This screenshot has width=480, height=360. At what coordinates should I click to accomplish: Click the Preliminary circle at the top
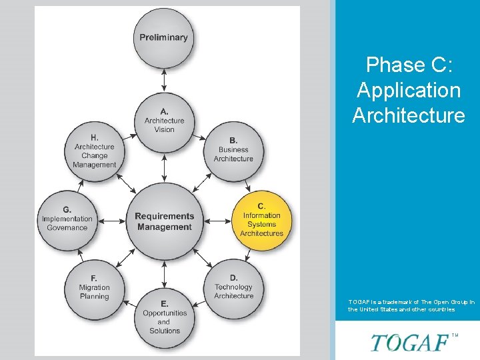[164, 37]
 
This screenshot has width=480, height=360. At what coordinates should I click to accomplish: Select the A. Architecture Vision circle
[164, 120]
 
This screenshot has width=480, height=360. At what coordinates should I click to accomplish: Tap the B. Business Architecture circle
[233, 149]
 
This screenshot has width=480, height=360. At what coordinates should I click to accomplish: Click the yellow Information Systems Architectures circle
[261, 219]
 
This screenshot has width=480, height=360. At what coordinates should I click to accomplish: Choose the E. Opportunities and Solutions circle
[164, 317]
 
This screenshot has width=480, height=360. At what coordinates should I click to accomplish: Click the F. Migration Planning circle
[94, 287]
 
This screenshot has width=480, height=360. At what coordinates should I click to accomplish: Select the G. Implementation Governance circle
[67, 219]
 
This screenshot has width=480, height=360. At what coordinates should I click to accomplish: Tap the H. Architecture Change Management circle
[94, 151]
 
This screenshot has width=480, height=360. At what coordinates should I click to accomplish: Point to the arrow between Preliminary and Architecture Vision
[164, 79]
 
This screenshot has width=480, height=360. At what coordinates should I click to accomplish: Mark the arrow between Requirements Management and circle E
[164, 273]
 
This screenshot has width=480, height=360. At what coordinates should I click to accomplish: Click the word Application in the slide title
[408, 90]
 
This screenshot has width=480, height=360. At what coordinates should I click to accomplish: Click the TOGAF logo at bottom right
[409, 343]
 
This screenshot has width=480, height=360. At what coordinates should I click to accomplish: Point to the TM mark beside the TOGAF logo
[455, 335]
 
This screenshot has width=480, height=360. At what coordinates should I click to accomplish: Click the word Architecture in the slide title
[408, 115]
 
